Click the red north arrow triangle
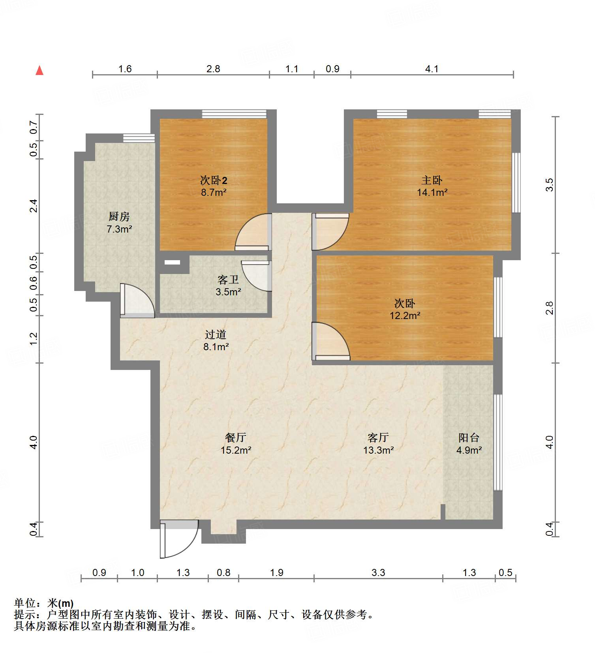pos(39,71)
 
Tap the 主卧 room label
pos(432,180)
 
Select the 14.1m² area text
pos(432,193)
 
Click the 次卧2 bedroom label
pos(214,180)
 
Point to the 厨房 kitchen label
pos(119,216)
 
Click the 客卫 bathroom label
pos(228,280)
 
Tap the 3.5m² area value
pos(228,292)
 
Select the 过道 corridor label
pos(216,334)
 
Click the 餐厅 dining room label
pos(236,437)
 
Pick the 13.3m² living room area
pos(378,450)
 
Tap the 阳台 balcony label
pos(469,437)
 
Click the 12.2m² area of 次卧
pos(405,315)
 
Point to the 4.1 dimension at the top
pos(432,69)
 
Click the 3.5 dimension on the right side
pos(549,185)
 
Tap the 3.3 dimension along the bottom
pos(378,572)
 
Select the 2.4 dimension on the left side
pos(34,206)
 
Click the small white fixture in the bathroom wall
pos(172,262)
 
